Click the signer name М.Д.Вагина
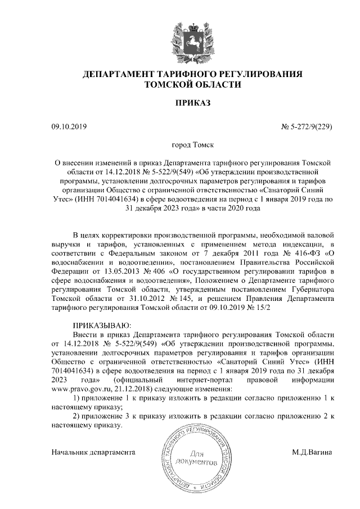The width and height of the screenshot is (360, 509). click(312, 452)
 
